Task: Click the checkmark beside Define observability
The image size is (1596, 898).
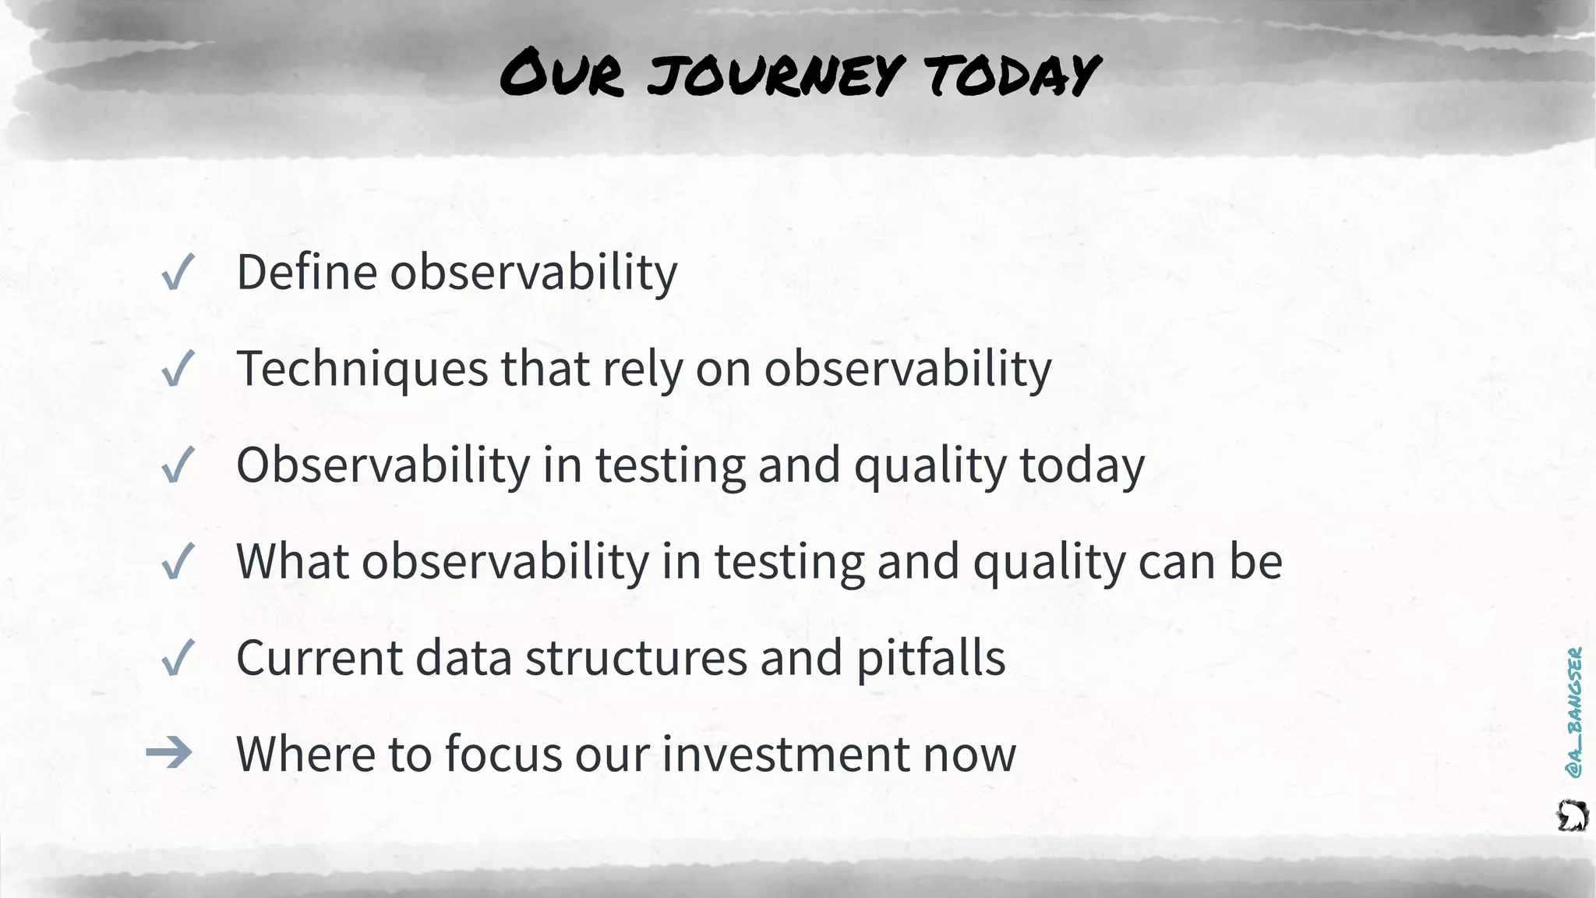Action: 177,274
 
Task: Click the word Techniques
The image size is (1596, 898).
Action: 362,369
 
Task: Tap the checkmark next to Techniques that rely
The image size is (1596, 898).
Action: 177,369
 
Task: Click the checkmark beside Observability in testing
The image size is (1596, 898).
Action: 177,466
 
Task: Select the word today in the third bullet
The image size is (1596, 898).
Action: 1082,466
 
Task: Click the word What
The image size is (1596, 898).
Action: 291,561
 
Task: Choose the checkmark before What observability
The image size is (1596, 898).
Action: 177,562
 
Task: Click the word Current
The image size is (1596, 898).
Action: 319,658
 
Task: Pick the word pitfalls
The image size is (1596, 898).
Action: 930,658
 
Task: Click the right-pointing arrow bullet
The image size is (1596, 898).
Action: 169,753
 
